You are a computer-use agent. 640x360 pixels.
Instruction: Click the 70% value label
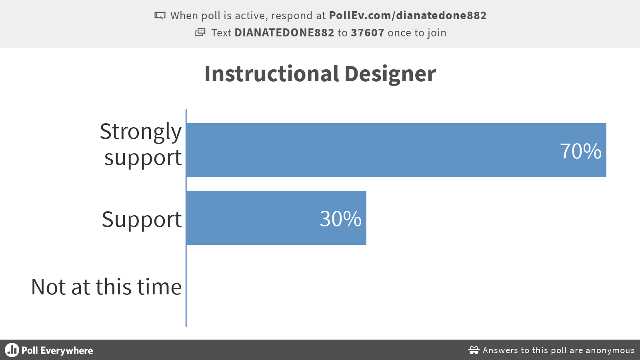(x=580, y=151)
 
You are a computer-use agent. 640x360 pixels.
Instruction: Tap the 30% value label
(x=340, y=219)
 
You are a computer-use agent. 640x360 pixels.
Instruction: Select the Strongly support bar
(x=396, y=150)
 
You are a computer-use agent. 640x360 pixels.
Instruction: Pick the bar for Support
(x=276, y=218)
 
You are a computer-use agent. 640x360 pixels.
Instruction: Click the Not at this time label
(x=106, y=286)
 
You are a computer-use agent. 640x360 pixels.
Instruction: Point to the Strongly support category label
(x=141, y=144)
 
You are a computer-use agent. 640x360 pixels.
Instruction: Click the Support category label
(x=142, y=220)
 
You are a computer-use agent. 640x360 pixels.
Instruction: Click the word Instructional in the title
(x=272, y=74)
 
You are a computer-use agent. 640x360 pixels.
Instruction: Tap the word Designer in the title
(x=390, y=74)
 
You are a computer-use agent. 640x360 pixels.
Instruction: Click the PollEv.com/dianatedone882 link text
(x=408, y=16)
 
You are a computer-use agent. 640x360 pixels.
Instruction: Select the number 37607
(x=368, y=33)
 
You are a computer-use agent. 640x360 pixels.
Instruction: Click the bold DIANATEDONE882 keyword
(x=284, y=33)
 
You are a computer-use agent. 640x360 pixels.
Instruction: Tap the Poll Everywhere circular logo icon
(x=12, y=350)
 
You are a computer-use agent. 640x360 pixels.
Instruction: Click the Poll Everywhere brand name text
(x=57, y=350)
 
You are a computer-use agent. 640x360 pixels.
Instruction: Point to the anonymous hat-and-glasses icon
(x=474, y=350)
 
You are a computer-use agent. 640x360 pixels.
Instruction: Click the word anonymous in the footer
(x=610, y=350)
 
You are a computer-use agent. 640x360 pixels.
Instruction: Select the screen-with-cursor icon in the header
(x=160, y=16)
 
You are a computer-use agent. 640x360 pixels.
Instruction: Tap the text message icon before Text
(x=200, y=32)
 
